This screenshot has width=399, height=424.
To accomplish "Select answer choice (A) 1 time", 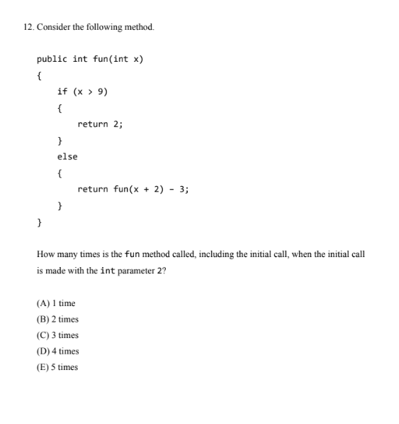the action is pyautogui.click(x=55, y=303).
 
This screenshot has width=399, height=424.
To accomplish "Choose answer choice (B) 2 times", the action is pyautogui.click(x=57, y=320).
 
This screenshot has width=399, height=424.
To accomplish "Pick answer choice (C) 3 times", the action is pyautogui.click(x=57, y=335).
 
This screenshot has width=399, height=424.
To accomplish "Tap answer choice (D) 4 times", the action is pyautogui.click(x=57, y=351).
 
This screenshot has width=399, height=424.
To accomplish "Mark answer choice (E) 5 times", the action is pyautogui.click(x=57, y=367).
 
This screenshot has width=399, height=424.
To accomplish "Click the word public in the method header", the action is pyautogui.click(x=52, y=59).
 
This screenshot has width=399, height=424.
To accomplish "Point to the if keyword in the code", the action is pyautogui.click(x=62, y=92).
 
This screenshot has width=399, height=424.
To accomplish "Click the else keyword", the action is pyautogui.click(x=67, y=156).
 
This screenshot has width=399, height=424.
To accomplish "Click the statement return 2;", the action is pyautogui.click(x=100, y=124).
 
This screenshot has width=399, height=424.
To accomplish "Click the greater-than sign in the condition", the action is pyautogui.click(x=90, y=92).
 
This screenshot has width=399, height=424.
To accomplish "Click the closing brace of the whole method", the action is pyautogui.click(x=40, y=222).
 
